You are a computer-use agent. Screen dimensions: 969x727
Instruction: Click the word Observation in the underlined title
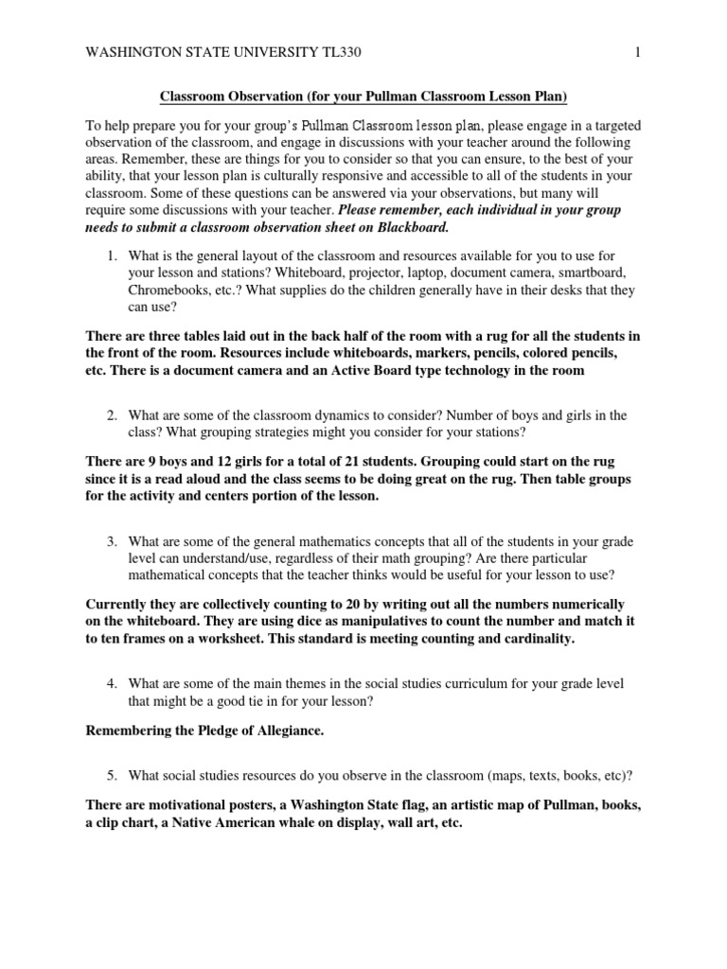click(x=266, y=97)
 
